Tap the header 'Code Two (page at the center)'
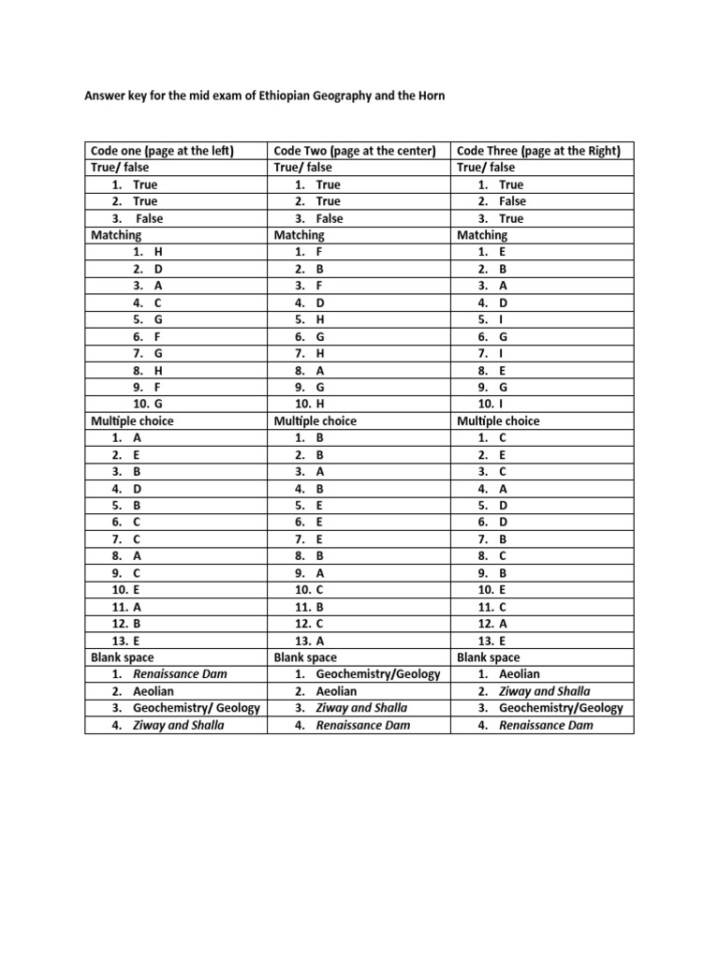355,150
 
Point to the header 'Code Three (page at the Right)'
542,150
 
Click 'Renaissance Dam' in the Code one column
180,673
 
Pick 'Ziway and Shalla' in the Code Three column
545,690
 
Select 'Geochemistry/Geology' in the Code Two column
377,673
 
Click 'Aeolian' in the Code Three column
520,673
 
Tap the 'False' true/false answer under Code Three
513,201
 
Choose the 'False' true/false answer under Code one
150,218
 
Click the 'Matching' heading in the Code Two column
299,235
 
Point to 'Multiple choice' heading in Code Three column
498,420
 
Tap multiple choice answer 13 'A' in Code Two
320,641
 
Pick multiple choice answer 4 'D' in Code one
137,489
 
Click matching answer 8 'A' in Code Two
320,370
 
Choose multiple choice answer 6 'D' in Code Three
504,523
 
